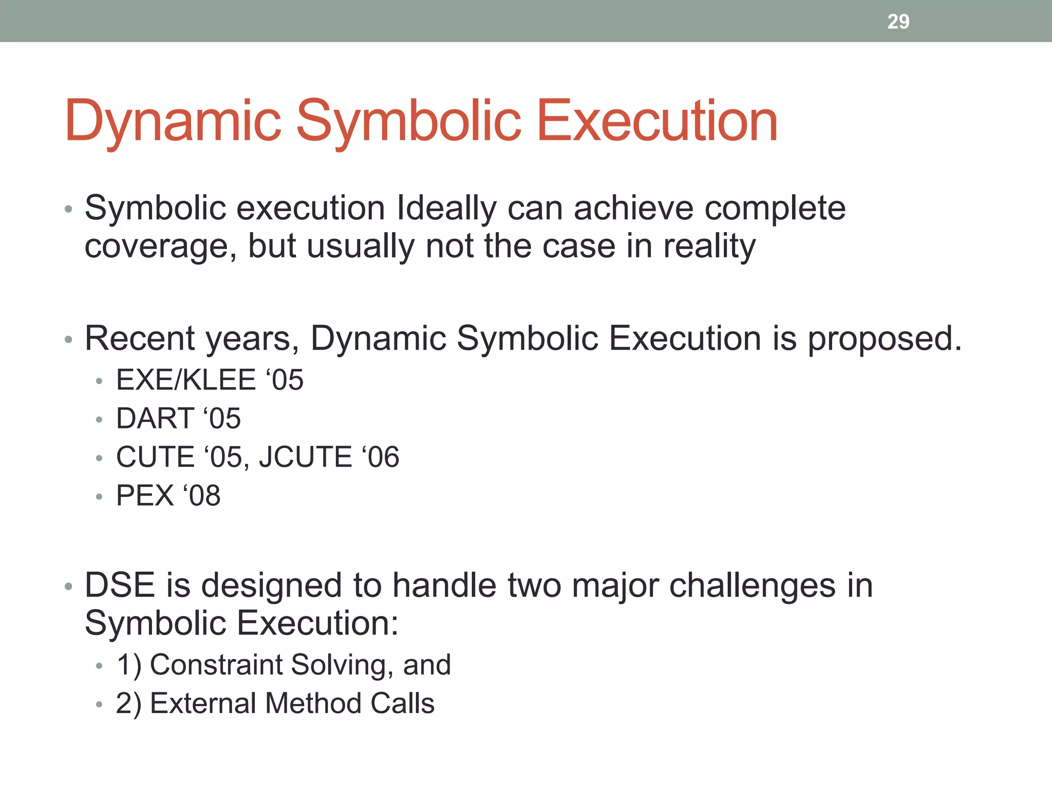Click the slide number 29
click(x=898, y=22)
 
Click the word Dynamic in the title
click(x=173, y=121)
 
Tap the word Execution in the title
click(x=657, y=121)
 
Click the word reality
click(x=709, y=247)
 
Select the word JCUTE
click(x=305, y=457)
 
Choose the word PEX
click(x=145, y=496)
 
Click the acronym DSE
click(x=120, y=586)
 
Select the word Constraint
click(x=216, y=665)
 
